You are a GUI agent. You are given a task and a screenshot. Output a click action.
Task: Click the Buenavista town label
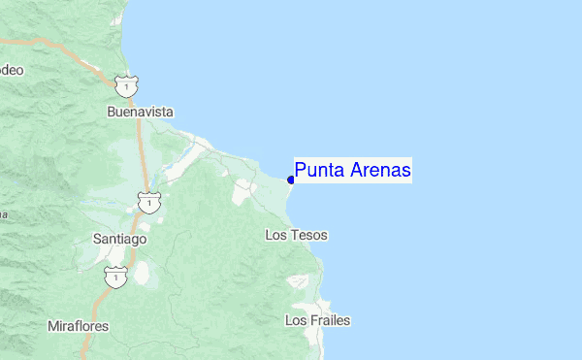click(140, 112)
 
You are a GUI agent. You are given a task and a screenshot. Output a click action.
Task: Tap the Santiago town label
click(119, 238)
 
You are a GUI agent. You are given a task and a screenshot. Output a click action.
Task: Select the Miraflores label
click(78, 325)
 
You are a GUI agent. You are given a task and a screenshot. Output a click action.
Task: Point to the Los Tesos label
click(296, 236)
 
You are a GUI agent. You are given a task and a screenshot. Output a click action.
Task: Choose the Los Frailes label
click(317, 320)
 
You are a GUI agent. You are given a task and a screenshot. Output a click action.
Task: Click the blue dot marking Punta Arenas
click(291, 180)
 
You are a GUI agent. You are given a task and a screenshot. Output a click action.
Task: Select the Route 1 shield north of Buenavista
click(125, 85)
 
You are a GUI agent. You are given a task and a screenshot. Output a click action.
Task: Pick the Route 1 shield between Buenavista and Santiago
click(148, 202)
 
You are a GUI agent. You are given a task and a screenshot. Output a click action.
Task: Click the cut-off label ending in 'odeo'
click(11, 70)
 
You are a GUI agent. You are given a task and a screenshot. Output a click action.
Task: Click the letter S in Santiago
click(96, 238)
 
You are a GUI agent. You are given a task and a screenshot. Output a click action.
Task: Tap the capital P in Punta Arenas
click(301, 171)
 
